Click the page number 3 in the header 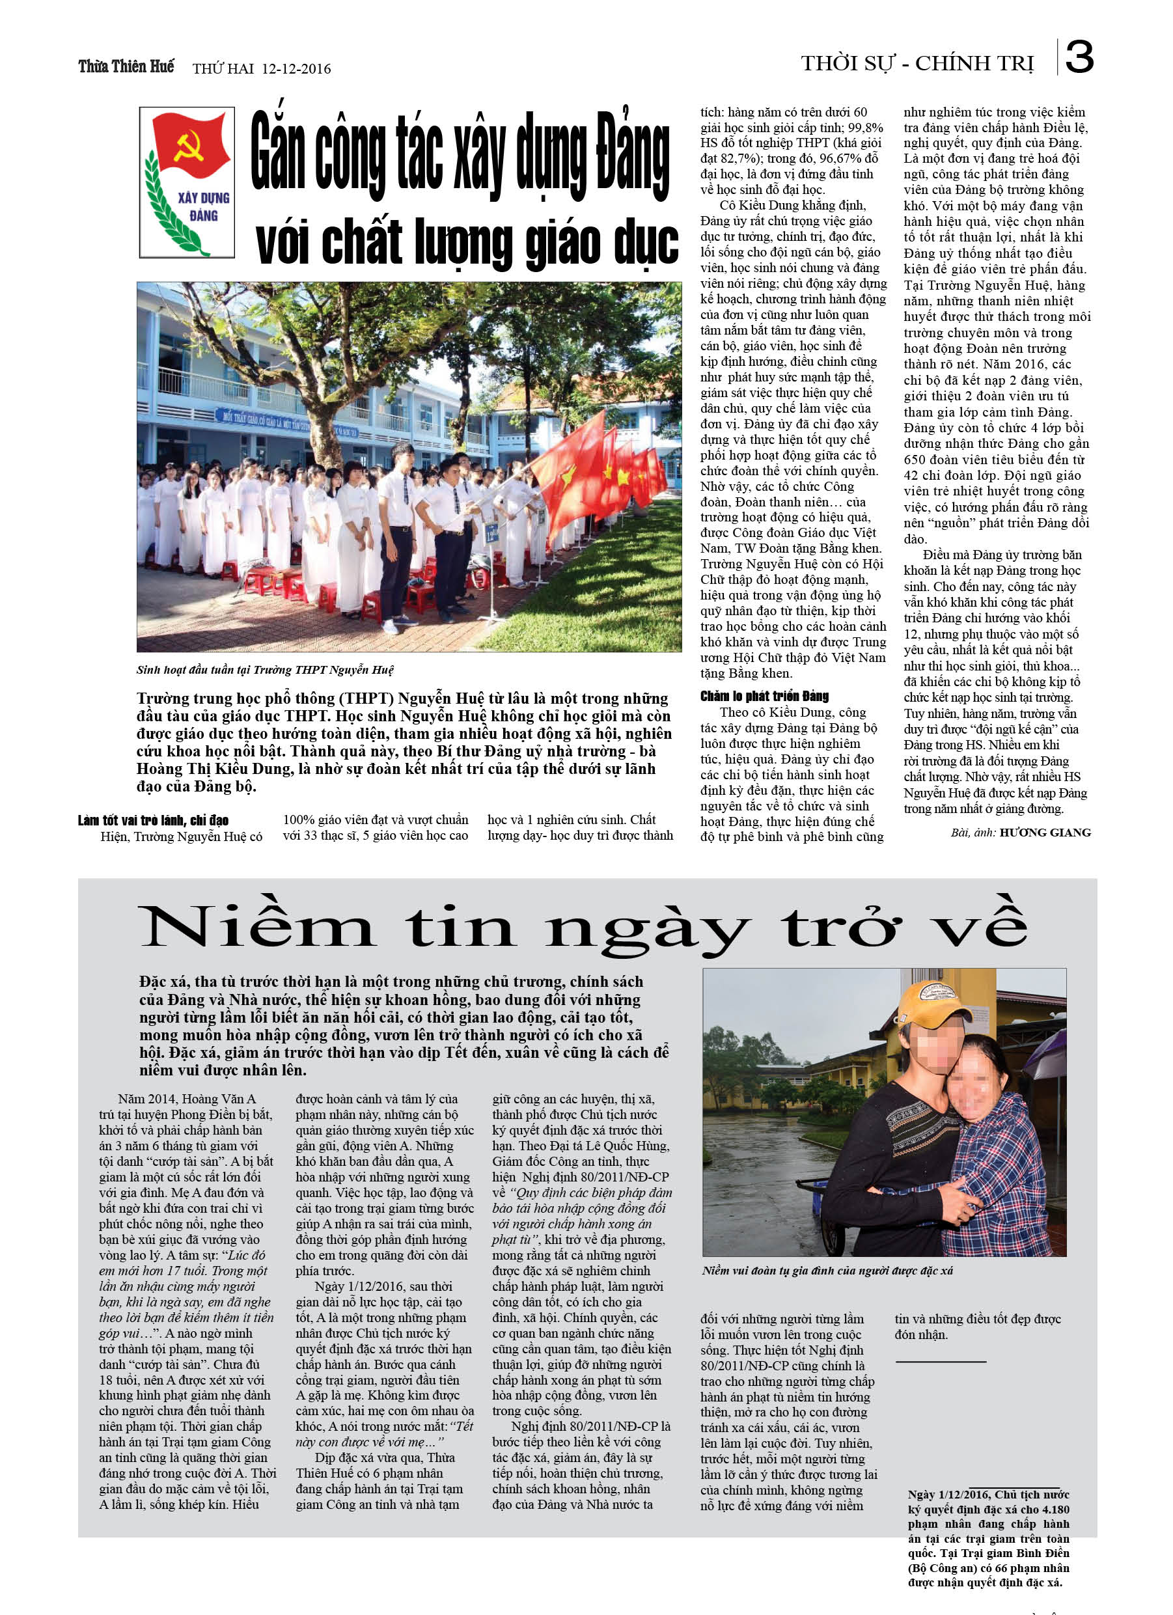coord(1079,57)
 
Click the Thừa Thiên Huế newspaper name coord(126,67)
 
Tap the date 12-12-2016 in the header coord(296,69)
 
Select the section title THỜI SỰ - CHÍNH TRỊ coord(917,64)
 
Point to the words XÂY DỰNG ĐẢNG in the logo coord(203,206)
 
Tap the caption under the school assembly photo coord(264,669)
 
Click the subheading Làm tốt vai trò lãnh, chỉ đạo coord(153,820)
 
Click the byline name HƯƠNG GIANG coord(1045,833)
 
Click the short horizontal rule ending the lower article coord(940,1362)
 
